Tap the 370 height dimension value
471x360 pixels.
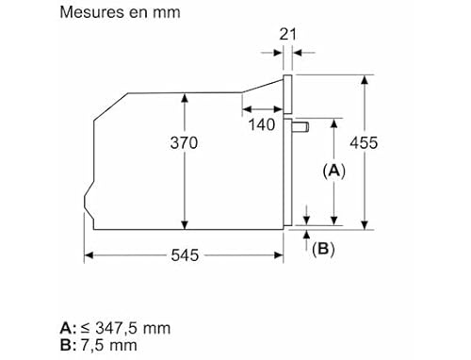(185, 143)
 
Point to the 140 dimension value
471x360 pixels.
(263, 123)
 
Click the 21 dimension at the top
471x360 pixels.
(288, 34)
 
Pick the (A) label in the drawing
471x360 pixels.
(334, 171)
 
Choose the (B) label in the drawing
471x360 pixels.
(324, 249)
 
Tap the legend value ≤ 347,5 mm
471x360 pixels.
(124, 329)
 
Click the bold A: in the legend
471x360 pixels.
(67, 329)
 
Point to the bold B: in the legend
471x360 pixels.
(67, 345)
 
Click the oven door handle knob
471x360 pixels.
(301, 125)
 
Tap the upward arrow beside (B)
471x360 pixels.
(307, 243)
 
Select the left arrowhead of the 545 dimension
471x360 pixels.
(87, 254)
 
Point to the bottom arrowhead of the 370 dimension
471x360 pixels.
(185, 223)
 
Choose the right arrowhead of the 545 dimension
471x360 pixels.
(282, 254)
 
